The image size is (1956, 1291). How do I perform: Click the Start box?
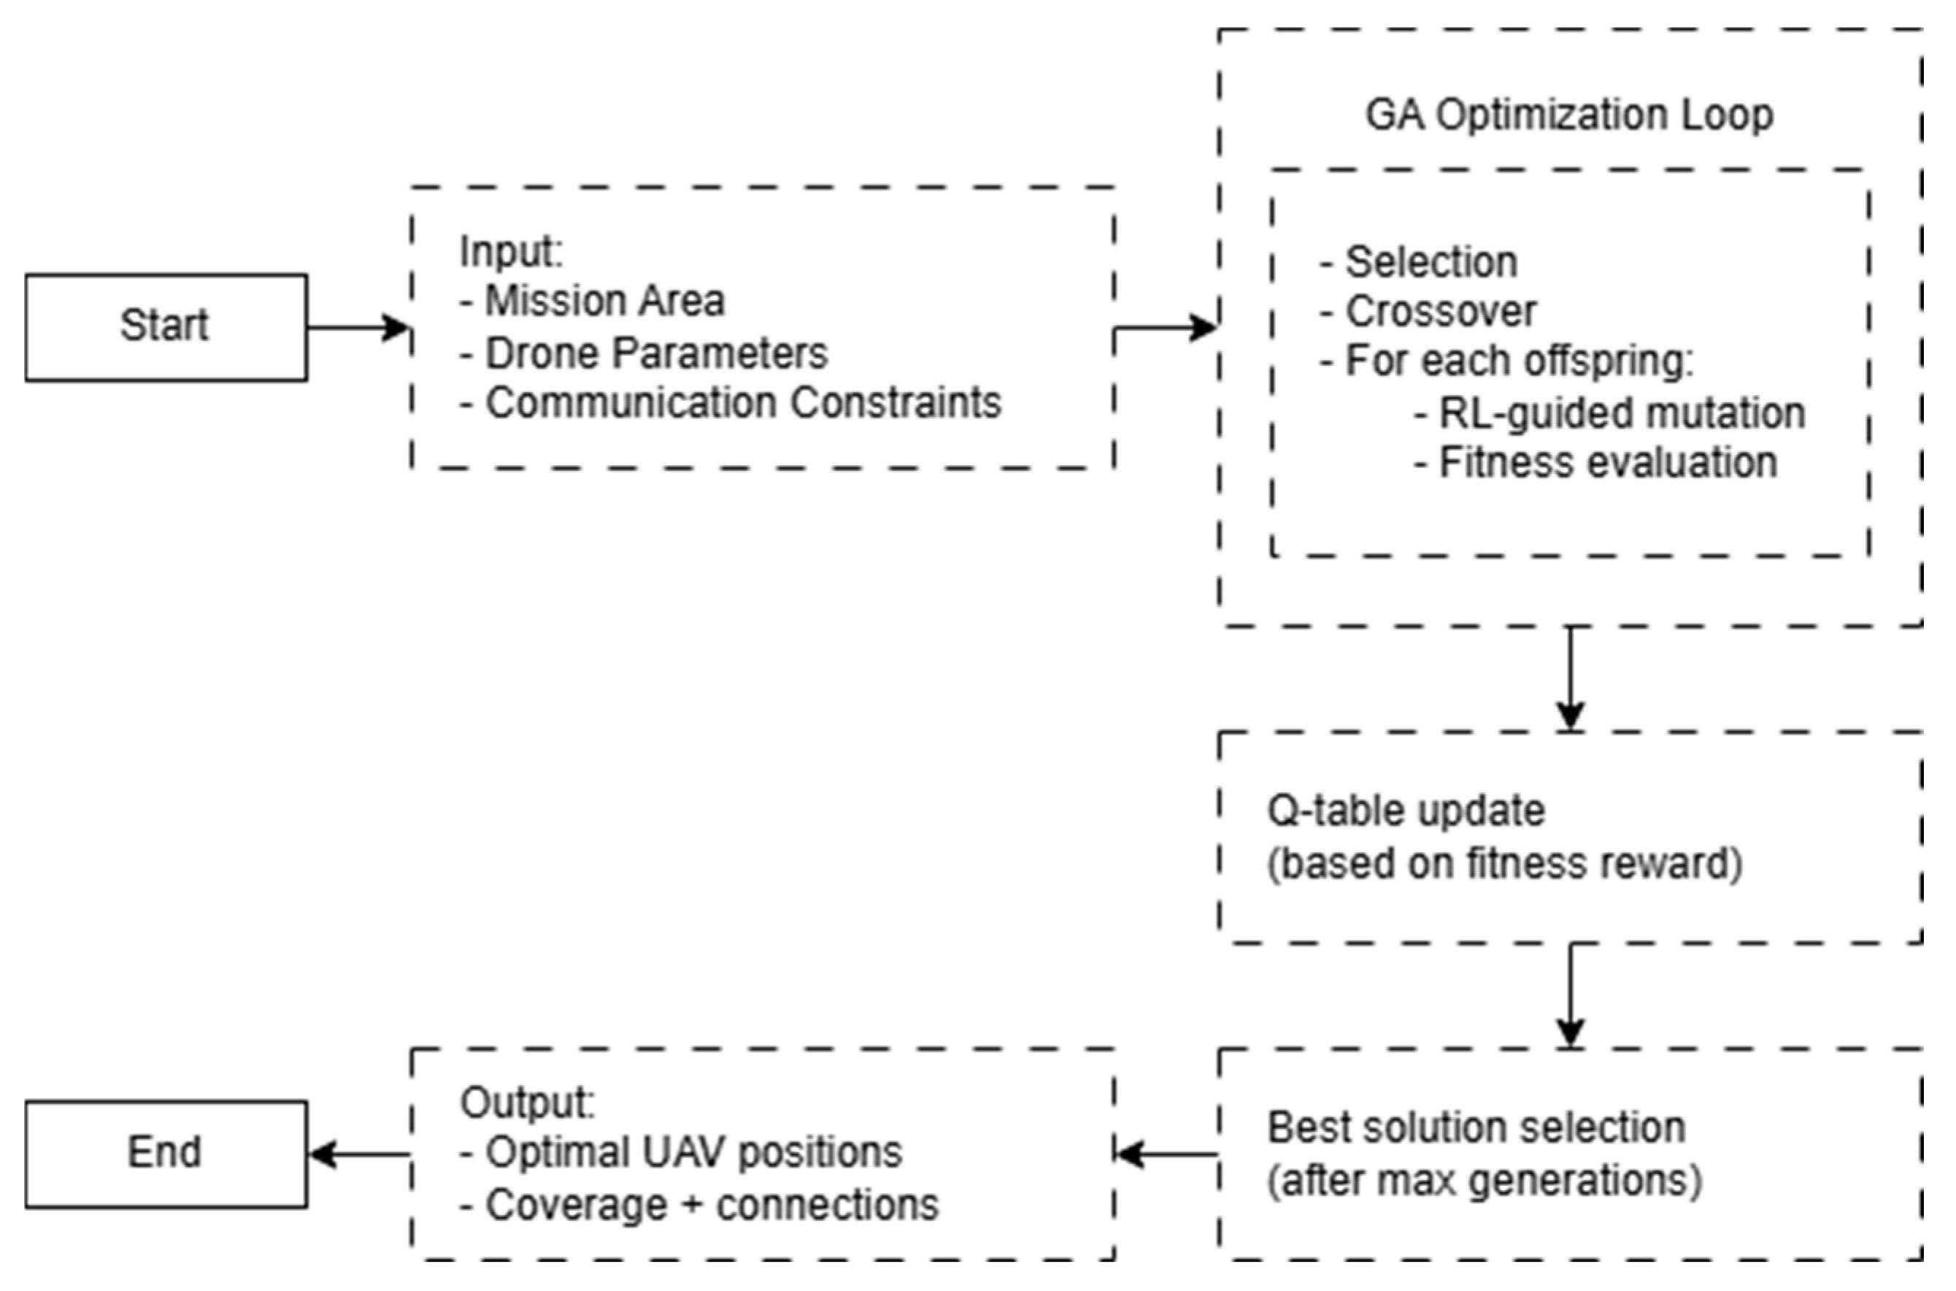tap(166, 327)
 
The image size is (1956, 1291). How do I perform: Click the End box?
tap(166, 1154)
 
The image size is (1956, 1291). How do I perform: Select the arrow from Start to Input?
tap(358, 328)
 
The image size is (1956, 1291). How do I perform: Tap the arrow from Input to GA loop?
tap(1165, 328)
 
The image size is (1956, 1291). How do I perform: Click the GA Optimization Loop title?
tap(1568, 115)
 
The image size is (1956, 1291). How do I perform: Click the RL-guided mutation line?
tap(1609, 413)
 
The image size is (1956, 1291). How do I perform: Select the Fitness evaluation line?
tap(1596, 463)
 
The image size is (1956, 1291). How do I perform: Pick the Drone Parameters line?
tap(644, 354)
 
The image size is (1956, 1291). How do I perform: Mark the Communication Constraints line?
tap(731, 403)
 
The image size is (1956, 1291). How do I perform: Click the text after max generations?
tap(1484, 1181)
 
